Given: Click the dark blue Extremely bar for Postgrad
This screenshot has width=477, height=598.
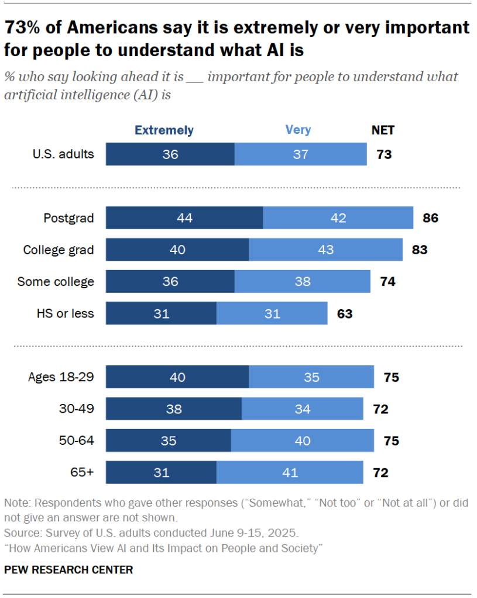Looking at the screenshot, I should tap(184, 218).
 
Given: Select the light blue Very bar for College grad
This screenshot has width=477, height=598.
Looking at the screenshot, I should tap(325, 250).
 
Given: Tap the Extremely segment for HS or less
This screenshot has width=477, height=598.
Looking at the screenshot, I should tap(161, 313).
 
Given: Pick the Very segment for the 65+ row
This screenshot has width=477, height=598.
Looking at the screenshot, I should tap(289, 472).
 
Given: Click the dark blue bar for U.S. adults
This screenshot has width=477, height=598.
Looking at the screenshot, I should tap(170, 155).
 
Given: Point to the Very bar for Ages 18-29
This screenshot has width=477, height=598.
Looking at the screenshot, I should tap(311, 377).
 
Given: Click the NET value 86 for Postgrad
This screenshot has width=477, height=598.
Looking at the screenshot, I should tap(430, 218).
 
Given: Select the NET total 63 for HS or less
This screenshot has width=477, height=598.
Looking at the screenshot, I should tap(345, 313).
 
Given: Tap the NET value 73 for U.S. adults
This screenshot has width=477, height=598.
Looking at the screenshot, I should tap(383, 155).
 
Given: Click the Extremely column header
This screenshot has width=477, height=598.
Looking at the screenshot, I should tap(164, 130).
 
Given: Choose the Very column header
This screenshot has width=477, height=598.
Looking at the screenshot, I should tap(298, 130).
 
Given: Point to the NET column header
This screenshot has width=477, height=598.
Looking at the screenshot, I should tap(383, 130).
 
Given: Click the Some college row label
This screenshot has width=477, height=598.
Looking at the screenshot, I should tap(56, 282).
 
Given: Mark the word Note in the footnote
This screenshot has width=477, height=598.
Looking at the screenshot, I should tap(15, 503).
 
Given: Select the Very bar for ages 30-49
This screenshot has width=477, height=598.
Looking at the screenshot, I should tap(302, 409).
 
